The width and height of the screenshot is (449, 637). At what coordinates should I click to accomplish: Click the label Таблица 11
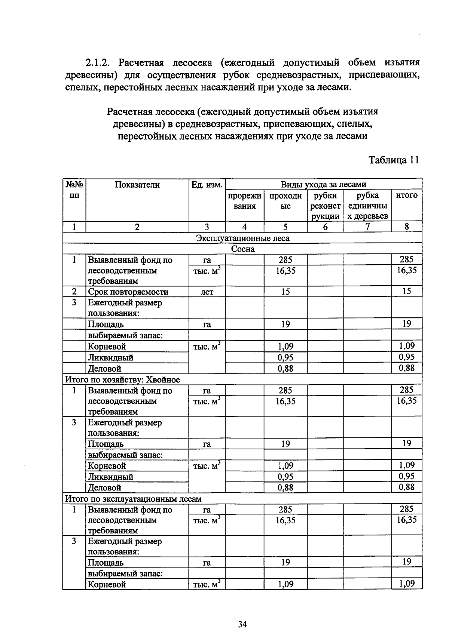click(x=394, y=160)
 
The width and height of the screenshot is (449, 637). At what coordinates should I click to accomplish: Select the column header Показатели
click(x=137, y=185)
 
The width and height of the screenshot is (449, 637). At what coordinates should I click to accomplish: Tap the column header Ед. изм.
click(x=207, y=185)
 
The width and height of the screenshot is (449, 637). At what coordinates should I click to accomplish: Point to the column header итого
click(x=406, y=195)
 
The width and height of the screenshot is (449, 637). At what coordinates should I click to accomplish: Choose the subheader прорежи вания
click(x=244, y=201)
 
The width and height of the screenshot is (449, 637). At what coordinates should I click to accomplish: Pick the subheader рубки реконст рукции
click(x=325, y=206)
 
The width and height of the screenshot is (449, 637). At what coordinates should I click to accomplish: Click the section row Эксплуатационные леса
click(x=242, y=238)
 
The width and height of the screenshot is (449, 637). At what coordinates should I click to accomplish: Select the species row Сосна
click(x=243, y=249)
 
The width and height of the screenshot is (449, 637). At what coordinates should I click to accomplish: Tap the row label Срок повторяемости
click(x=128, y=292)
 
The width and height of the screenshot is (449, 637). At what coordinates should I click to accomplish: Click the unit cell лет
click(x=207, y=292)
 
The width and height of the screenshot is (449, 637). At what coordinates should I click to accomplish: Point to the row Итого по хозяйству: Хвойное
click(x=123, y=380)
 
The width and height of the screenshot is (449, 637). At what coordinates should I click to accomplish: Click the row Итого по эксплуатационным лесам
click(x=133, y=499)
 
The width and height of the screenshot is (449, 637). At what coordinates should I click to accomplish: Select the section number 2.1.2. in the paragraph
click(x=98, y=62)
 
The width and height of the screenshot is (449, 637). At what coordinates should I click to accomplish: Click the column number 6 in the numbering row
click(x=325, y=227)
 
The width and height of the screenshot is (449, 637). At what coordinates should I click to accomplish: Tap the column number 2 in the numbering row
click(x=137, y=227)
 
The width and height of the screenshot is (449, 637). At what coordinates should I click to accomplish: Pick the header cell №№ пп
click(x=74, y=190)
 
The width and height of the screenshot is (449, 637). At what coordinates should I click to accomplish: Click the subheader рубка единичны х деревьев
click(x=367, y=206)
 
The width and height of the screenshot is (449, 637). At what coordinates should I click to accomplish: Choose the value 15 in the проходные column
click(x=285, y=292)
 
